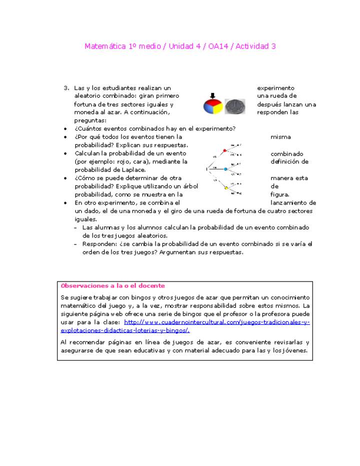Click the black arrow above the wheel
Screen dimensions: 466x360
pyautogui.click(x=212, y=95)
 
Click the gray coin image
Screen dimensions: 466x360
pyautogui.click(x=235, y=106)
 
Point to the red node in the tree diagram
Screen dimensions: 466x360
pyautogui.click(x=225, y=150)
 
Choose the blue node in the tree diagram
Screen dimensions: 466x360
pyautogui.click(x=225, y=169)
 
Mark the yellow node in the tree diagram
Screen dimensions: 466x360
pyautogui.click(x=226, y=188)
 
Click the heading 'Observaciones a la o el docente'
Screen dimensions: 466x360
pyautogui.click(x=112, y=286)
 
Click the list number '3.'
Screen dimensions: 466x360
pyautogui.click(x=66, y=88)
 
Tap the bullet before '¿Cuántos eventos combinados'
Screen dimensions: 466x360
pyautogui.click(x=65, y=129)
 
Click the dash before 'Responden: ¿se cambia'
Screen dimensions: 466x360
pyautogui.click(x=76, y=244)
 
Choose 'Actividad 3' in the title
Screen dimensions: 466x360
pyautogui.click(x=256, y=46)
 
